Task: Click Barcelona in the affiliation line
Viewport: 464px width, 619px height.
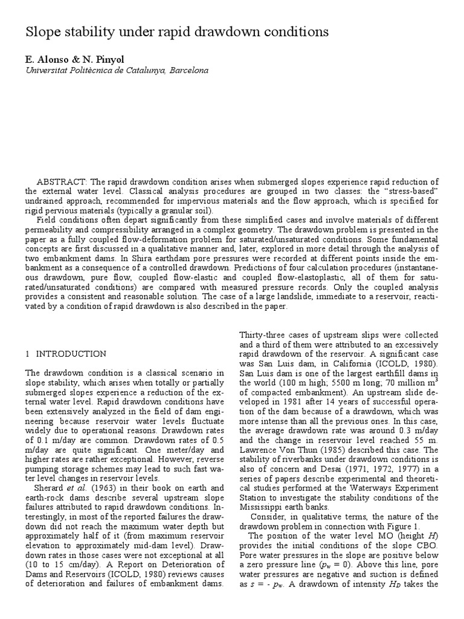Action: [188, 71]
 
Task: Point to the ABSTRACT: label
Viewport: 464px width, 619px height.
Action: [63, 182]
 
